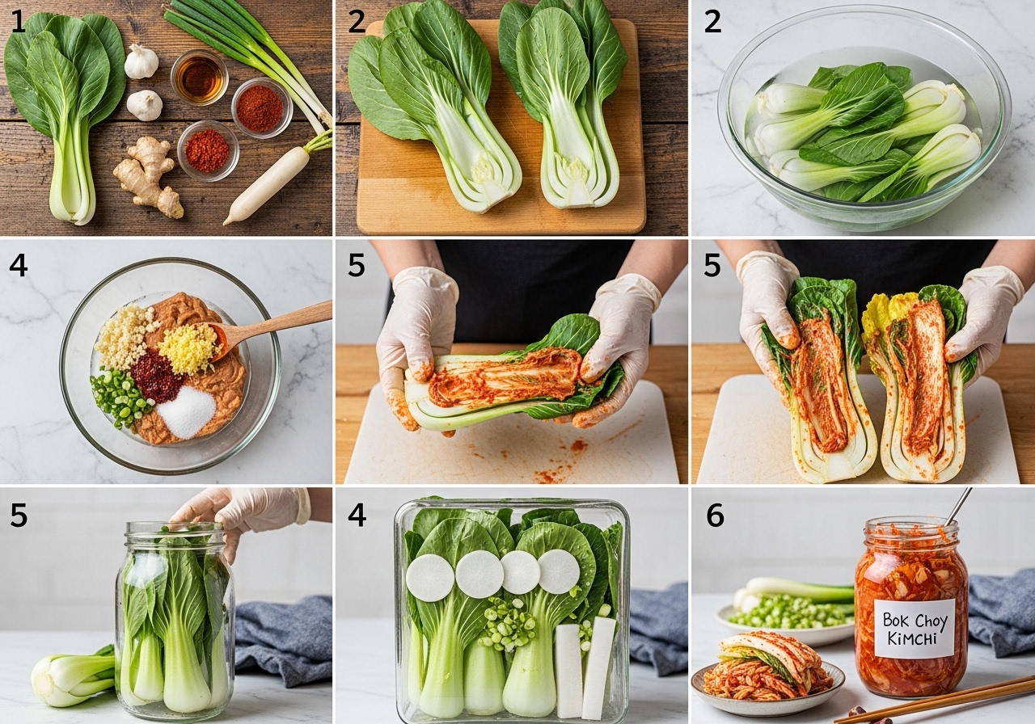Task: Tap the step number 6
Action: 715,516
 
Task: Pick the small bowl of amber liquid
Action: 200,77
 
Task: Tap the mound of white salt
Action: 186,412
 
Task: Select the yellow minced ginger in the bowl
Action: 187,347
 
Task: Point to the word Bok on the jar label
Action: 894,619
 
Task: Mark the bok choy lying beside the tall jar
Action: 72,676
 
